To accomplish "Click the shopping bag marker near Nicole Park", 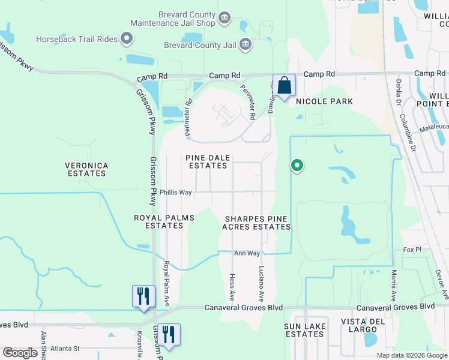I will pos(284,85).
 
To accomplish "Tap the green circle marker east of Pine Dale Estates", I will pos(296,166).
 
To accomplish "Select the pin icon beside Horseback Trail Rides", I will pos(127,40).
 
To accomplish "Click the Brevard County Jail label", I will pos(200,44).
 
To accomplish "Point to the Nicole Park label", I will pos(325,101).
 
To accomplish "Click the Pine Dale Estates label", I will pos(207,161).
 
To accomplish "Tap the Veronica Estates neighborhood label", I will pos(86,169).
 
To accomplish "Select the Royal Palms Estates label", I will pos(164,221).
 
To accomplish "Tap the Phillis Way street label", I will pos(175,193).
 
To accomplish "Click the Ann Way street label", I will pos(247,254).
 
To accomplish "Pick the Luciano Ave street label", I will pos(261,284).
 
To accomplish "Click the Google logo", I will pos(20,353).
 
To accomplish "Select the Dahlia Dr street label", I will pos(398,92).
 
